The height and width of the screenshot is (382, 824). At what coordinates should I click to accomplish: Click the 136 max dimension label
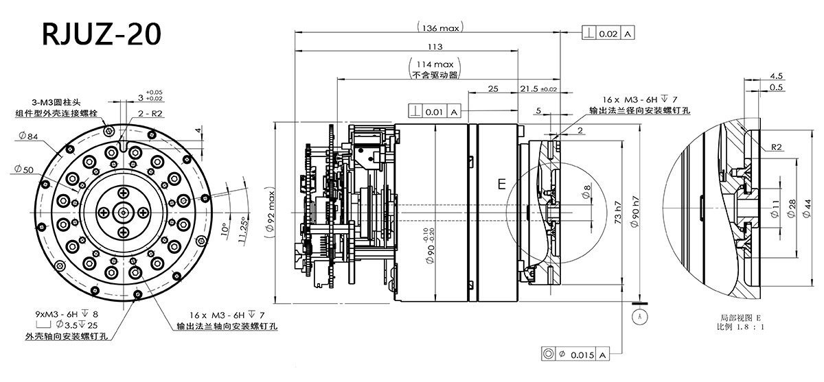pyautogui.click(x=440, y=28)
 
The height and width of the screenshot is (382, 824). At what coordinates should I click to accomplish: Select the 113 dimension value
pyautogui.click(x=434, y=47)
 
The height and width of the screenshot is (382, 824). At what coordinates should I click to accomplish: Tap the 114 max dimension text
pyautogui.click(x=435, y=63)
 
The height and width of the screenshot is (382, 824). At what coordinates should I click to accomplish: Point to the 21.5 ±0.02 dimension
pyautogui.click(x=539, y=89)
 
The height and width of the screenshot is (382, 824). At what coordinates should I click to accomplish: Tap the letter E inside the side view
pyautogui.click(x=501, y=184)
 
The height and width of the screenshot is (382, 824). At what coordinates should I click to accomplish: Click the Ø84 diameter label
pyautogui.click(x=27, y=136)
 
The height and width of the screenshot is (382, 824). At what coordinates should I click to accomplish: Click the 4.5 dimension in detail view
pyautogui.click(x=777, y=75)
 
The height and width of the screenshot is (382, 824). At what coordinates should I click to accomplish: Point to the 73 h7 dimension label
pyautogui.click(x=618, y=214)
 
